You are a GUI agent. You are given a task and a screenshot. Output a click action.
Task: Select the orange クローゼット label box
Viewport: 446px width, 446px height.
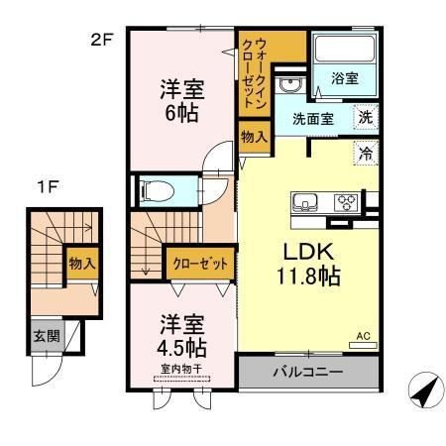(199, 264)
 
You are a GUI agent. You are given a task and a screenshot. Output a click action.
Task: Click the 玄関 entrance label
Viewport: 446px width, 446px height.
(44, 335)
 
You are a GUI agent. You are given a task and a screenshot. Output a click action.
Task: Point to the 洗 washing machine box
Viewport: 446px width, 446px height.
(366, 116)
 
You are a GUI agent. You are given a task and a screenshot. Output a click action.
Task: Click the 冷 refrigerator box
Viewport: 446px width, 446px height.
(366, 154)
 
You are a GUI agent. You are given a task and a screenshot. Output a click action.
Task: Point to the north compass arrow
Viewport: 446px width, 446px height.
(423, 390)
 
